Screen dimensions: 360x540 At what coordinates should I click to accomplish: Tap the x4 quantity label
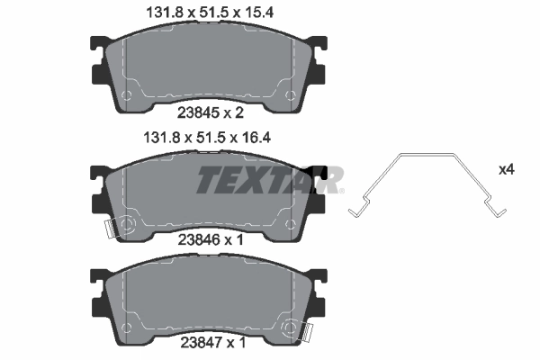pyautogui.click(x=507, y=169)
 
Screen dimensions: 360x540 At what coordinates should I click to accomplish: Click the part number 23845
pyautogui.click(x=199, y=114)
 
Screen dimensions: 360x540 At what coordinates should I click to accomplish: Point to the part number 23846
pyautogui.click(x=199, y=239)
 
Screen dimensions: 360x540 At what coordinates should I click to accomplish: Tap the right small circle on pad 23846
pyautogui.click(x=288, y=222)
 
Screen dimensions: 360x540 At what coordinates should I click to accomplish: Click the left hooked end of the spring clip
pyautogui.click(x=355, y=211)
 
